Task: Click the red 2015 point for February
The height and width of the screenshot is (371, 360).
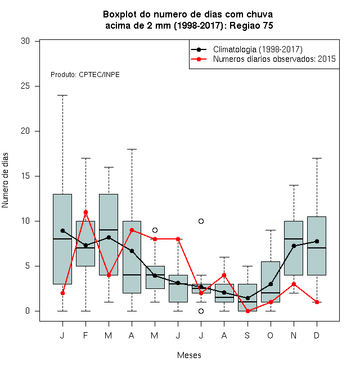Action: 85,212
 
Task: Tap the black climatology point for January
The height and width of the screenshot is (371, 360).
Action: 62,230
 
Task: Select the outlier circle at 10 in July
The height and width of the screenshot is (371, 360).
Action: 201,221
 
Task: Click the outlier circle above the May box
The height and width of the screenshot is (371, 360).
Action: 155,230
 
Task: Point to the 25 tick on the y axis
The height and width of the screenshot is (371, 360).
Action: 37,86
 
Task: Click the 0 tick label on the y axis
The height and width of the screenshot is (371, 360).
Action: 28,311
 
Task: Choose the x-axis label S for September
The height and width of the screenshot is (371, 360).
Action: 247,335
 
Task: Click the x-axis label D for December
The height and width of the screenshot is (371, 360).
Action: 317,335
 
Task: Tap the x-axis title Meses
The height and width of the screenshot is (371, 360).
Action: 189,355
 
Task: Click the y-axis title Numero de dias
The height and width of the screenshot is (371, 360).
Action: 5,180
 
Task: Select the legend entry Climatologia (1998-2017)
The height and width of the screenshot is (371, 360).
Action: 258,49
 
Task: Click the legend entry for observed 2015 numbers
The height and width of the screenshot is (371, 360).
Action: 274,59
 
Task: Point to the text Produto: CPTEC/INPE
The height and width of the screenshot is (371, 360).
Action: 85,75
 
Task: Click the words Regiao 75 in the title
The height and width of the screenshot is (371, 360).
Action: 251,25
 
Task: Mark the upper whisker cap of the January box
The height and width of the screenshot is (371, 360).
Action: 62,96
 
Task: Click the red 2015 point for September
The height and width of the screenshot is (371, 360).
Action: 247,311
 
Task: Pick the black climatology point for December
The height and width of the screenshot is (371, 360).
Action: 317,241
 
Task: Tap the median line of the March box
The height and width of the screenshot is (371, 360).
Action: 109,230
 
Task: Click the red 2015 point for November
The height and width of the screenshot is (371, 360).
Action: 294,284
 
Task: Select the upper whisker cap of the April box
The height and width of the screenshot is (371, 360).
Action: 132,150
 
